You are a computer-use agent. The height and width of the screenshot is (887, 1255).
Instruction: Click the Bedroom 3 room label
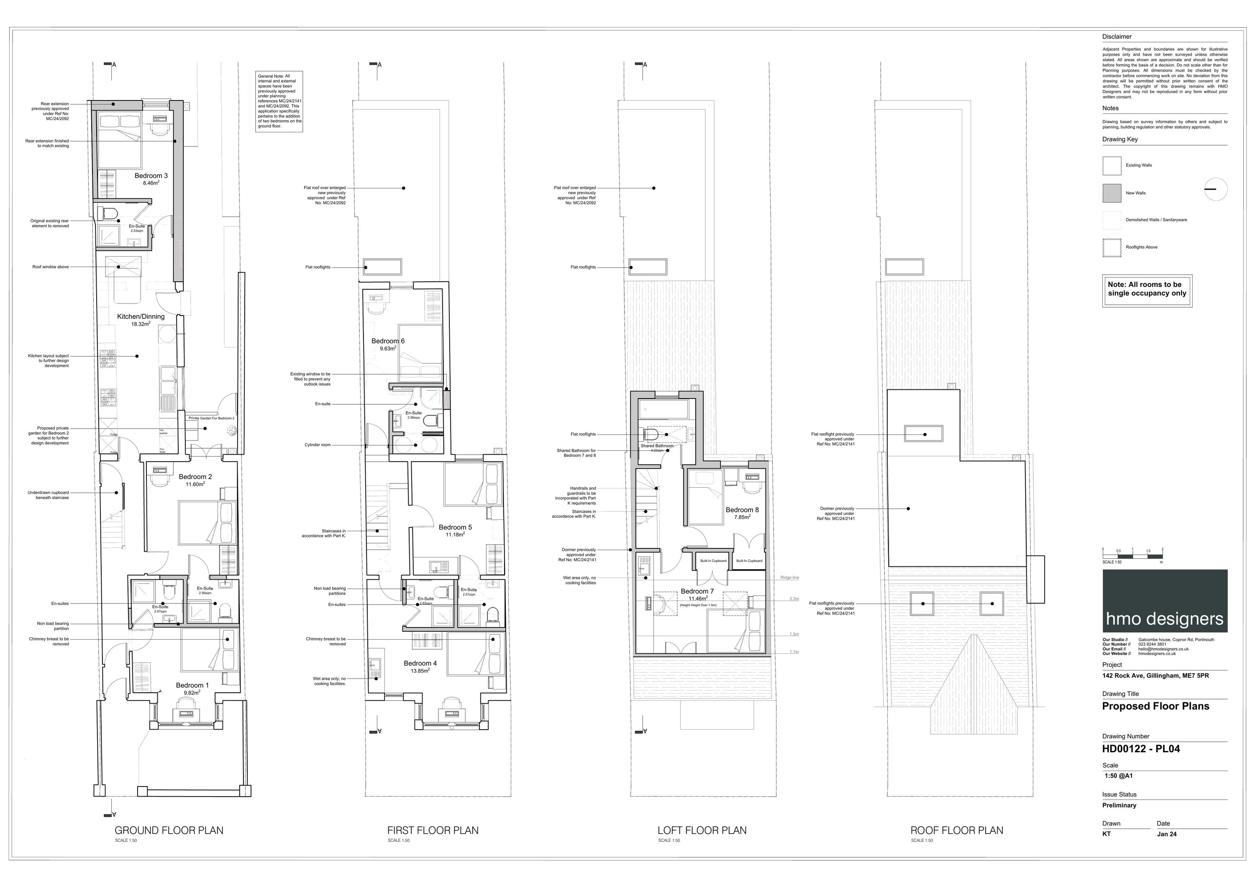[x=151, y=175]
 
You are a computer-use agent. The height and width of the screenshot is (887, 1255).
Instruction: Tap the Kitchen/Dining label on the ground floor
[x=141, y=316]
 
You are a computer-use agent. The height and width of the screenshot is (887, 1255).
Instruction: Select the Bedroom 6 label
[x=388, y=341]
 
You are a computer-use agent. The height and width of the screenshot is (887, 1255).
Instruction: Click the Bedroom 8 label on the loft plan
[x=742, y=510]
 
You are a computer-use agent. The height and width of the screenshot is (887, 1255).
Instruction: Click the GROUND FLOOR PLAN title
[x=169, y=830]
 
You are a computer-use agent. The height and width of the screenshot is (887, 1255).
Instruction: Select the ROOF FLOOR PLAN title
[x=957, y=830]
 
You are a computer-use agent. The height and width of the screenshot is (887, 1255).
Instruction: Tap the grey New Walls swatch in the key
[x=1112, y=193]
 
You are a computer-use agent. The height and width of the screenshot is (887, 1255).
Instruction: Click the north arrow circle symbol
[x=1216, y=190]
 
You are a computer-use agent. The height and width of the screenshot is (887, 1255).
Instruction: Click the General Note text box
[x=279, y=101]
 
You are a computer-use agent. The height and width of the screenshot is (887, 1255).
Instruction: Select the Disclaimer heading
[x=1117, y=37]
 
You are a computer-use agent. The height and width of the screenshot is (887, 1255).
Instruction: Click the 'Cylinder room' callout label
[x=317, y=445]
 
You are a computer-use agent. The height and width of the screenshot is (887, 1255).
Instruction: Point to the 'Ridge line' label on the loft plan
[x=789, y=578]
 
